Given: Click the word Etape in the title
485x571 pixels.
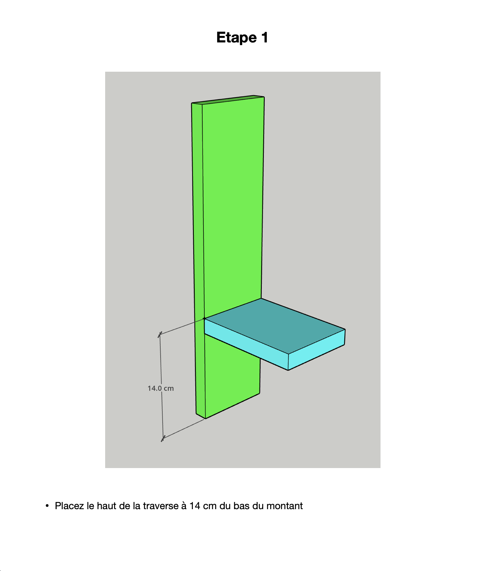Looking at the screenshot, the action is pyautogui.click(x=237, y=38).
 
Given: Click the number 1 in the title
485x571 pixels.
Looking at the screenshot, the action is pyautogui.click(x=265, y=37).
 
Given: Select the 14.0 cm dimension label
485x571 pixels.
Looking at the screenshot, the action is pyautogui.click(x=161, y=388).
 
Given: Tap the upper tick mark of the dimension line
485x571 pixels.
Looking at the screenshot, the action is pyautogui.click(x=160, y=335).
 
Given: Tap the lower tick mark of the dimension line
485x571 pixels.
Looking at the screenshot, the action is pyautogui.click(x=163, y=438).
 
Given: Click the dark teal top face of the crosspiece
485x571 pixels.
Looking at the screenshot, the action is pyautogui.click(x=275, y=325).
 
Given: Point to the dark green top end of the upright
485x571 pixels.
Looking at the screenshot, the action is pyautogui.click(x=228, y=100).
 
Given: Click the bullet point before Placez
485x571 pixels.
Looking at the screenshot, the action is pyautogui.click(x=47, y=506).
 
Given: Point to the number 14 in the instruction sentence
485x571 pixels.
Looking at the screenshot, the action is pyautogui.click(x=195, y=506).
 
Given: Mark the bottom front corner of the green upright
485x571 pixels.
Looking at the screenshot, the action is pyautogui.click(x=206, y=419).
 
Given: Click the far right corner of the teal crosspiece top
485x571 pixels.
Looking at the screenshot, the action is pyautogui.click(x=345, y=329).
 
